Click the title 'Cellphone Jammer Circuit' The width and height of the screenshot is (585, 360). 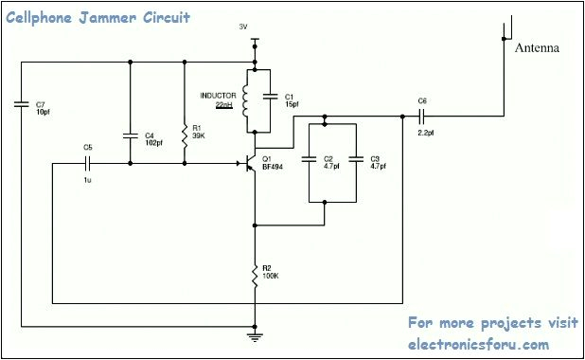[98, 17]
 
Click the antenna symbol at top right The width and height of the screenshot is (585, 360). [501, 28]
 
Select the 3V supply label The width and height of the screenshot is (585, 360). [243, 27]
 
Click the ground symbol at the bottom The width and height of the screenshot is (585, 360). [255, 333]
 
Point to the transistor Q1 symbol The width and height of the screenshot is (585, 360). [249, 164]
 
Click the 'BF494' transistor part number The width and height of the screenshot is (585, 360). [272, 167]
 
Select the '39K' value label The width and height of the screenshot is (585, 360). [199, 135]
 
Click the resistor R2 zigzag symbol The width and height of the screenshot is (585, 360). [255, 276]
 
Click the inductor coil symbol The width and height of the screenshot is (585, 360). [246, 102]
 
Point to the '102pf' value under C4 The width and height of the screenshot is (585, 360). [154, 143]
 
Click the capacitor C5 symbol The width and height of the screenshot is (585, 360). [88, 164]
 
